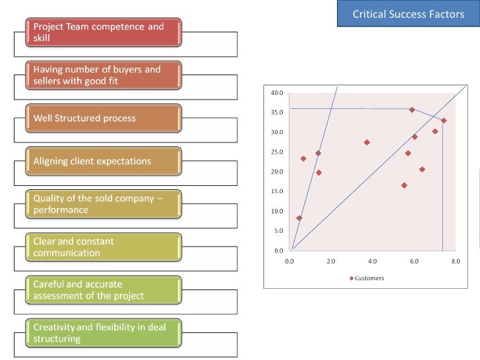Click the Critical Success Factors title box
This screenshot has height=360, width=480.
click(408, 13)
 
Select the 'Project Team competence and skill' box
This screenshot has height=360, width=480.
click(104, 32)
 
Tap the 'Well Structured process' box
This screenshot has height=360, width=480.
click(104, 118)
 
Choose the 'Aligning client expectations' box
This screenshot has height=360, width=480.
click(104, 161)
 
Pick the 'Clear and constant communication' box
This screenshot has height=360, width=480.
click(104, 247)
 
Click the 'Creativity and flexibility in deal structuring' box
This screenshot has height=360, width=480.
click(104, 333)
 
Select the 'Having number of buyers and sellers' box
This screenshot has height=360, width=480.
click(104, 75)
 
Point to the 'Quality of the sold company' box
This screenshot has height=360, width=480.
click(104, 204)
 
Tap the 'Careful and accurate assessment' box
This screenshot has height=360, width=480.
click(104, 290)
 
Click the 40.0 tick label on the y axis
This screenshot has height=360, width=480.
click(277, 93)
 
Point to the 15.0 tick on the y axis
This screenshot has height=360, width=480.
click(277, 191)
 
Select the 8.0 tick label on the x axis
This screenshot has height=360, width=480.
click(456, 261)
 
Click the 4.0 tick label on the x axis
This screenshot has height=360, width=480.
click(373, 261)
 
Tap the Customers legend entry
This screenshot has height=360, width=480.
click(367, 278)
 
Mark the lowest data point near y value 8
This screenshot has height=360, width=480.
click(299, 218)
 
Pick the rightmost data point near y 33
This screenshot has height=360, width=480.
click(444, 121)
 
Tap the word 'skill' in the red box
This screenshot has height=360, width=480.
click(42, 38)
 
